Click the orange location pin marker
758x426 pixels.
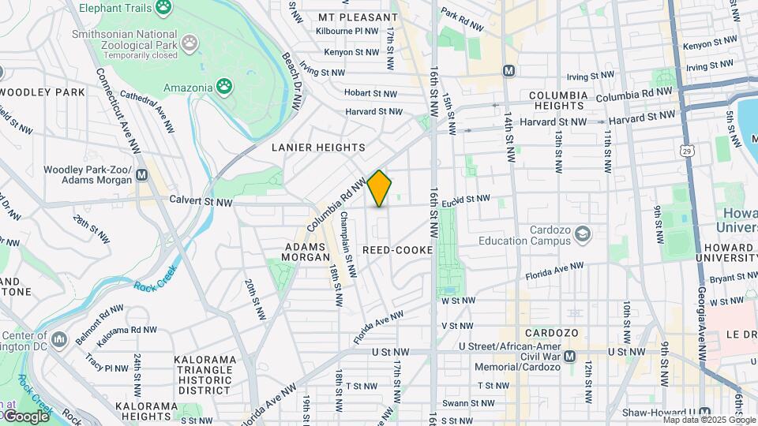pos(380,189)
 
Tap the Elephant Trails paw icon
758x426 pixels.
pos(163,7)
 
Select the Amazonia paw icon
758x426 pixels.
pos(225,85)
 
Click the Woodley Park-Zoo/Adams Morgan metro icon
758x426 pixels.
pos(141,174)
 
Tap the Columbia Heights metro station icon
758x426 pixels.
pos(509,70)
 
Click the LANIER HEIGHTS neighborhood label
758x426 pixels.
pos(318,148)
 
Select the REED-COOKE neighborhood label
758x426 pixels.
pos(398,250)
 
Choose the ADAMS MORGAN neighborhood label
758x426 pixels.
pos(306,252)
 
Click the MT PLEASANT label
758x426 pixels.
pos(358,17)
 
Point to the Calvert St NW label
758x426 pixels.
pos(201,202)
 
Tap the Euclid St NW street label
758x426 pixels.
pos(466,199)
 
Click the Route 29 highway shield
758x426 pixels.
pos(688,150)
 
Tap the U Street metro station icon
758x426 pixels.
pos(569,356)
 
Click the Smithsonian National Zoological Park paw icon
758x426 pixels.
pos(190,41)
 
